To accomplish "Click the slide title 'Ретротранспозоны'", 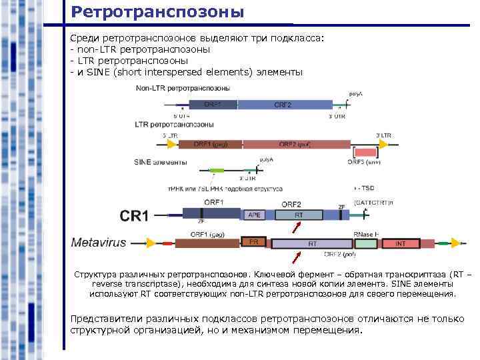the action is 157,12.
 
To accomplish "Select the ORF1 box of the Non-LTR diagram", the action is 213,105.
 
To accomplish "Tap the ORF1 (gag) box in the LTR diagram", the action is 209,144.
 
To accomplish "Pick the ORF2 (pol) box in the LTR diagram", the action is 296,144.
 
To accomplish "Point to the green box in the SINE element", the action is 217,171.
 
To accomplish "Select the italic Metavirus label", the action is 99,243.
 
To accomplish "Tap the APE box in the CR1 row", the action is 255,215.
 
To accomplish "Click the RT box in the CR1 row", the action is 299,215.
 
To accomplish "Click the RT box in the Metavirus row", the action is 313,244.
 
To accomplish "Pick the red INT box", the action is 401,244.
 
